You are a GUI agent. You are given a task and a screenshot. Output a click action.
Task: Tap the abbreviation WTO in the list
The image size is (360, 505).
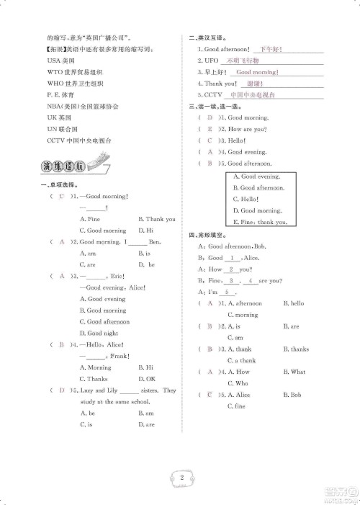tap(53, 73)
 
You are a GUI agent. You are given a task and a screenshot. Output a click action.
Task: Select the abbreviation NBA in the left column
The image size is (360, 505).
tap(53, 106)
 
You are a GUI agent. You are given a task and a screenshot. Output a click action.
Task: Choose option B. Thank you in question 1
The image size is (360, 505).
tap(156, 219)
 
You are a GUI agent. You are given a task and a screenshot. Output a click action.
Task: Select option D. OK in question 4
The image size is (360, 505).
tap(146, 378)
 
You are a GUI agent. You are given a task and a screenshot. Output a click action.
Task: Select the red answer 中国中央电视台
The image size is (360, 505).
tap(252, 95)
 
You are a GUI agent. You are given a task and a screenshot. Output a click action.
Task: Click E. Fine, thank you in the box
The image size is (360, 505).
tap(259, 222)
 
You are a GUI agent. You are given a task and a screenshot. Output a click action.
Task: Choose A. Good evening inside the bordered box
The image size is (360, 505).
tap(256, 176)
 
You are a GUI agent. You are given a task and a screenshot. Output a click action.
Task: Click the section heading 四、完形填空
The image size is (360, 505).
tap(207, 234)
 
